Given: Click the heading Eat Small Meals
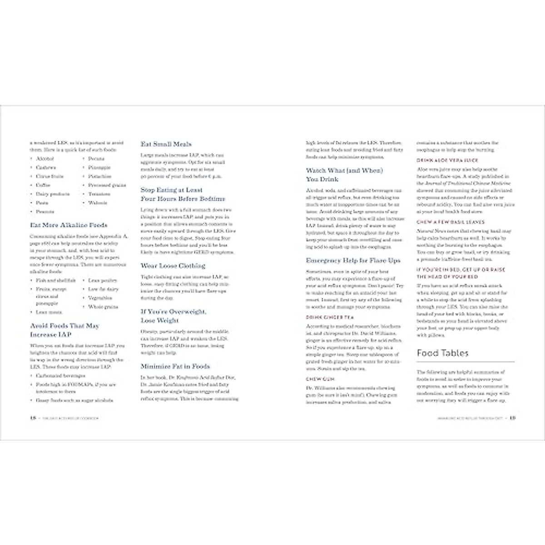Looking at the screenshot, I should coord(166,144).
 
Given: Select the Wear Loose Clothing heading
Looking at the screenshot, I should coord(173,266).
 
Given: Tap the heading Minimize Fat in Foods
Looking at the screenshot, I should coord(175,366).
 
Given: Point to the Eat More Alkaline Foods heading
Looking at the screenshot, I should coord(69,225).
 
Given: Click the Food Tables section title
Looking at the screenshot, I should coord(442,353).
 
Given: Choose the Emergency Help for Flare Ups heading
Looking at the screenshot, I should coord(353,261).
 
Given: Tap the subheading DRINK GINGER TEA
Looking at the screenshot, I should coord(330,317).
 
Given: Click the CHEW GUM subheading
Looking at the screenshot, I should coord(317,378).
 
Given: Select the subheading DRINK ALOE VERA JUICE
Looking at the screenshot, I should coord(447,160).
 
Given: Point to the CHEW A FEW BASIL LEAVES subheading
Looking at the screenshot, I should coord(451,222).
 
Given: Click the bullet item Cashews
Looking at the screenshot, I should coord(46,168).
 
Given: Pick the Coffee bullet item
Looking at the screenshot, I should coord(44,185).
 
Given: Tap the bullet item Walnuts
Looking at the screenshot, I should coord(98,203).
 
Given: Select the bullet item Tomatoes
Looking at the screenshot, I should coord(99,194).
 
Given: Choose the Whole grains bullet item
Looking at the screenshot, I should coord(103,307).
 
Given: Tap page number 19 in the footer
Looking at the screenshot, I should coord(512,418).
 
